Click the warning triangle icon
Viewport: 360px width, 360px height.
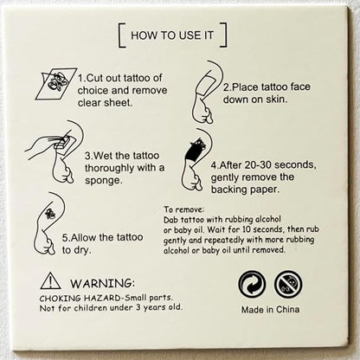click(x=51, y=280)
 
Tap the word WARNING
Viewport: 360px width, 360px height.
click(x=102, y=282)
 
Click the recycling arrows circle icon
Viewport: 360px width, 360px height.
click(x=251, y=284)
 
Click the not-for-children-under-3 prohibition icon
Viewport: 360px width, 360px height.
click(x=288, y=284)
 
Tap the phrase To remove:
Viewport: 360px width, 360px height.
click(x=184, y=209)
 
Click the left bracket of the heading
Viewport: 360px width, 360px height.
click(x=121, y=35)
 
